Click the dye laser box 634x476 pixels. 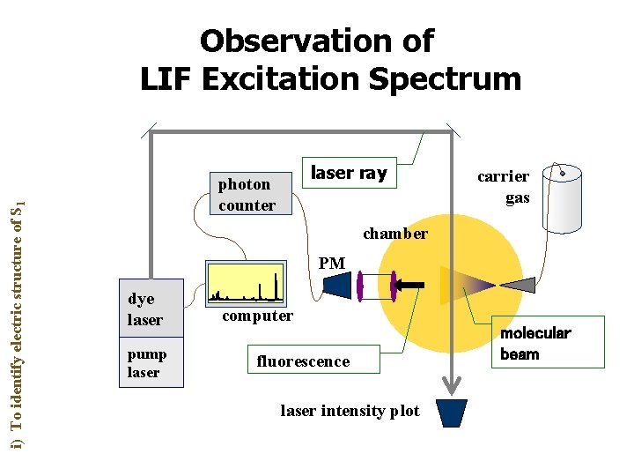click(x=151, y=309)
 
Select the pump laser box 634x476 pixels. click(x=151, y=362)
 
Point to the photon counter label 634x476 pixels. click(x=247, y=194)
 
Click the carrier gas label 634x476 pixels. click(x=504, y=187)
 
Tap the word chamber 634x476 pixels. click(x=395, y=234)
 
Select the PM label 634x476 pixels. click(x=332, y=263)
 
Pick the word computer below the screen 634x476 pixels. click(x=257, y=316)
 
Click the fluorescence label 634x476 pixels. click(x=303, y=361)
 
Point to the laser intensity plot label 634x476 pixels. click(x=350, y=411)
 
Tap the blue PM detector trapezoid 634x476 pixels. click(x=338, y=283)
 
